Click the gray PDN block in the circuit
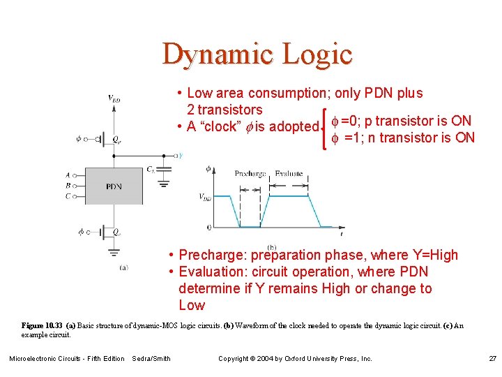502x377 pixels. [114, 186]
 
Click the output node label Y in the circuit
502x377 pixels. [180, 156]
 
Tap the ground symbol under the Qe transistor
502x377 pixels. [114, 253]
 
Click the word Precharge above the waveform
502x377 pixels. [250, 173]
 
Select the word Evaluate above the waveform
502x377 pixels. [288, 173]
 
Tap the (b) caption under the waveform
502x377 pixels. [271, 246]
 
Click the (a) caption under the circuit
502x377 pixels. [123, 267]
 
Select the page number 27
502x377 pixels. [492, 358]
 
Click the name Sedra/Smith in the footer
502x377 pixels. [151, 358]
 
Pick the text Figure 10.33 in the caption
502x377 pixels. [42, 326]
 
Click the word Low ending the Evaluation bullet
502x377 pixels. [192, 305]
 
